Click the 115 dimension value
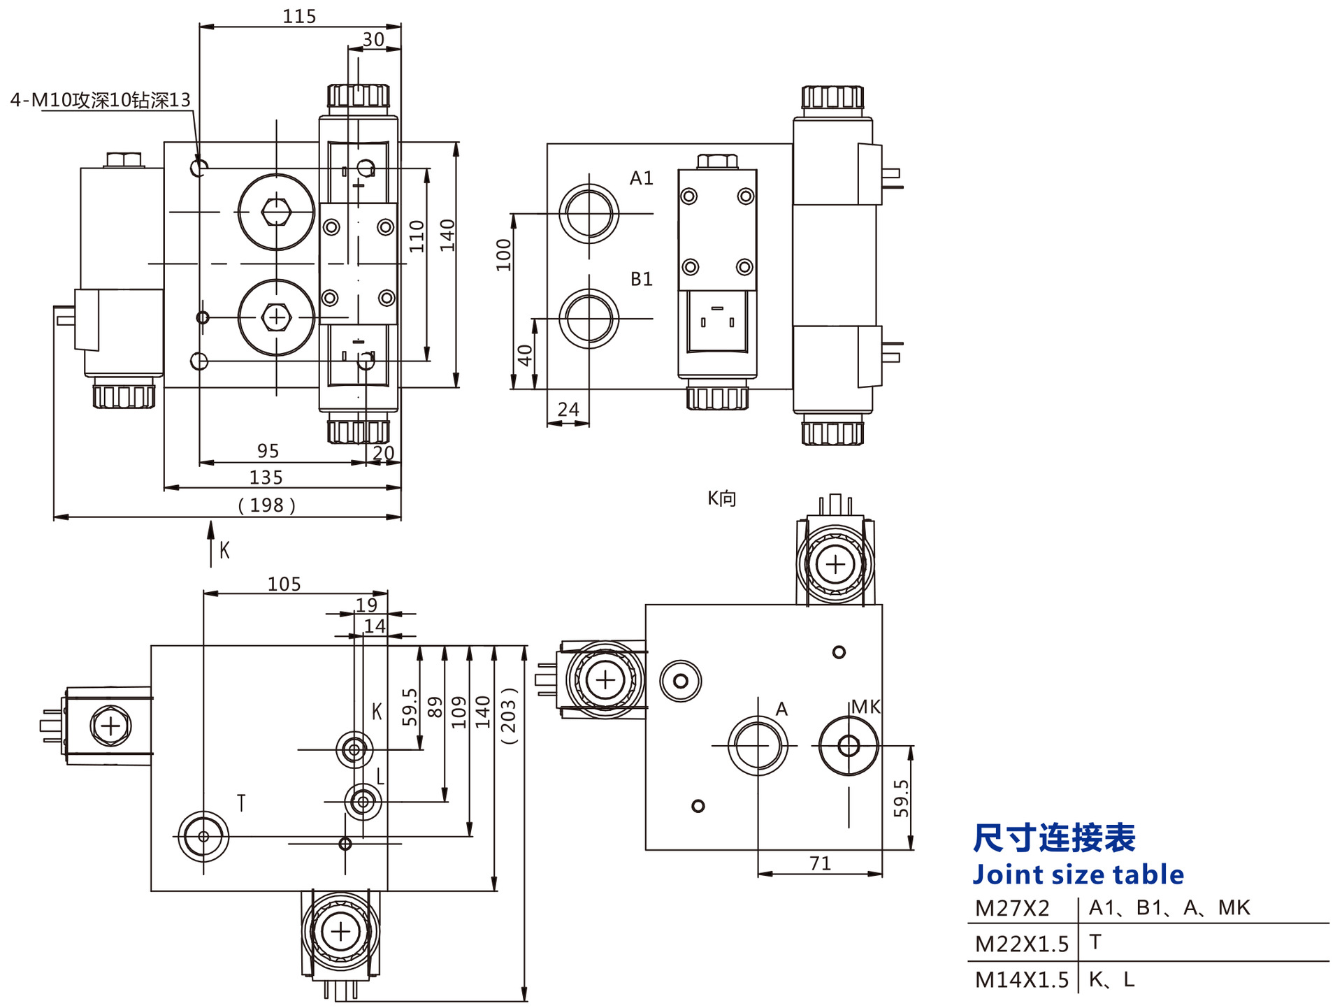pos(299,16)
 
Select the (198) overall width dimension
pos(266,505)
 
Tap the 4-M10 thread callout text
pos(100,100)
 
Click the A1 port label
pos(641,178)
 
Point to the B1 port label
pos(641,279)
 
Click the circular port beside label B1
pos(589,319)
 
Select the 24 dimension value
pos(568,409)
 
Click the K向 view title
pos(721,498)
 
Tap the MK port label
pos(865,707)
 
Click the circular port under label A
pos(758,746)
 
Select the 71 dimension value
pos(820,863)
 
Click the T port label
pos(241,803)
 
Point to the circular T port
pos(203,836)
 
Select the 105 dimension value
pos(284,584)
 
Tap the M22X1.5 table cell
pos(1021,944)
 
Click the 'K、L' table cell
pos(1111,979)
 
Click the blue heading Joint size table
pos(1078,874)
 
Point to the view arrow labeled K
pos(211,545)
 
